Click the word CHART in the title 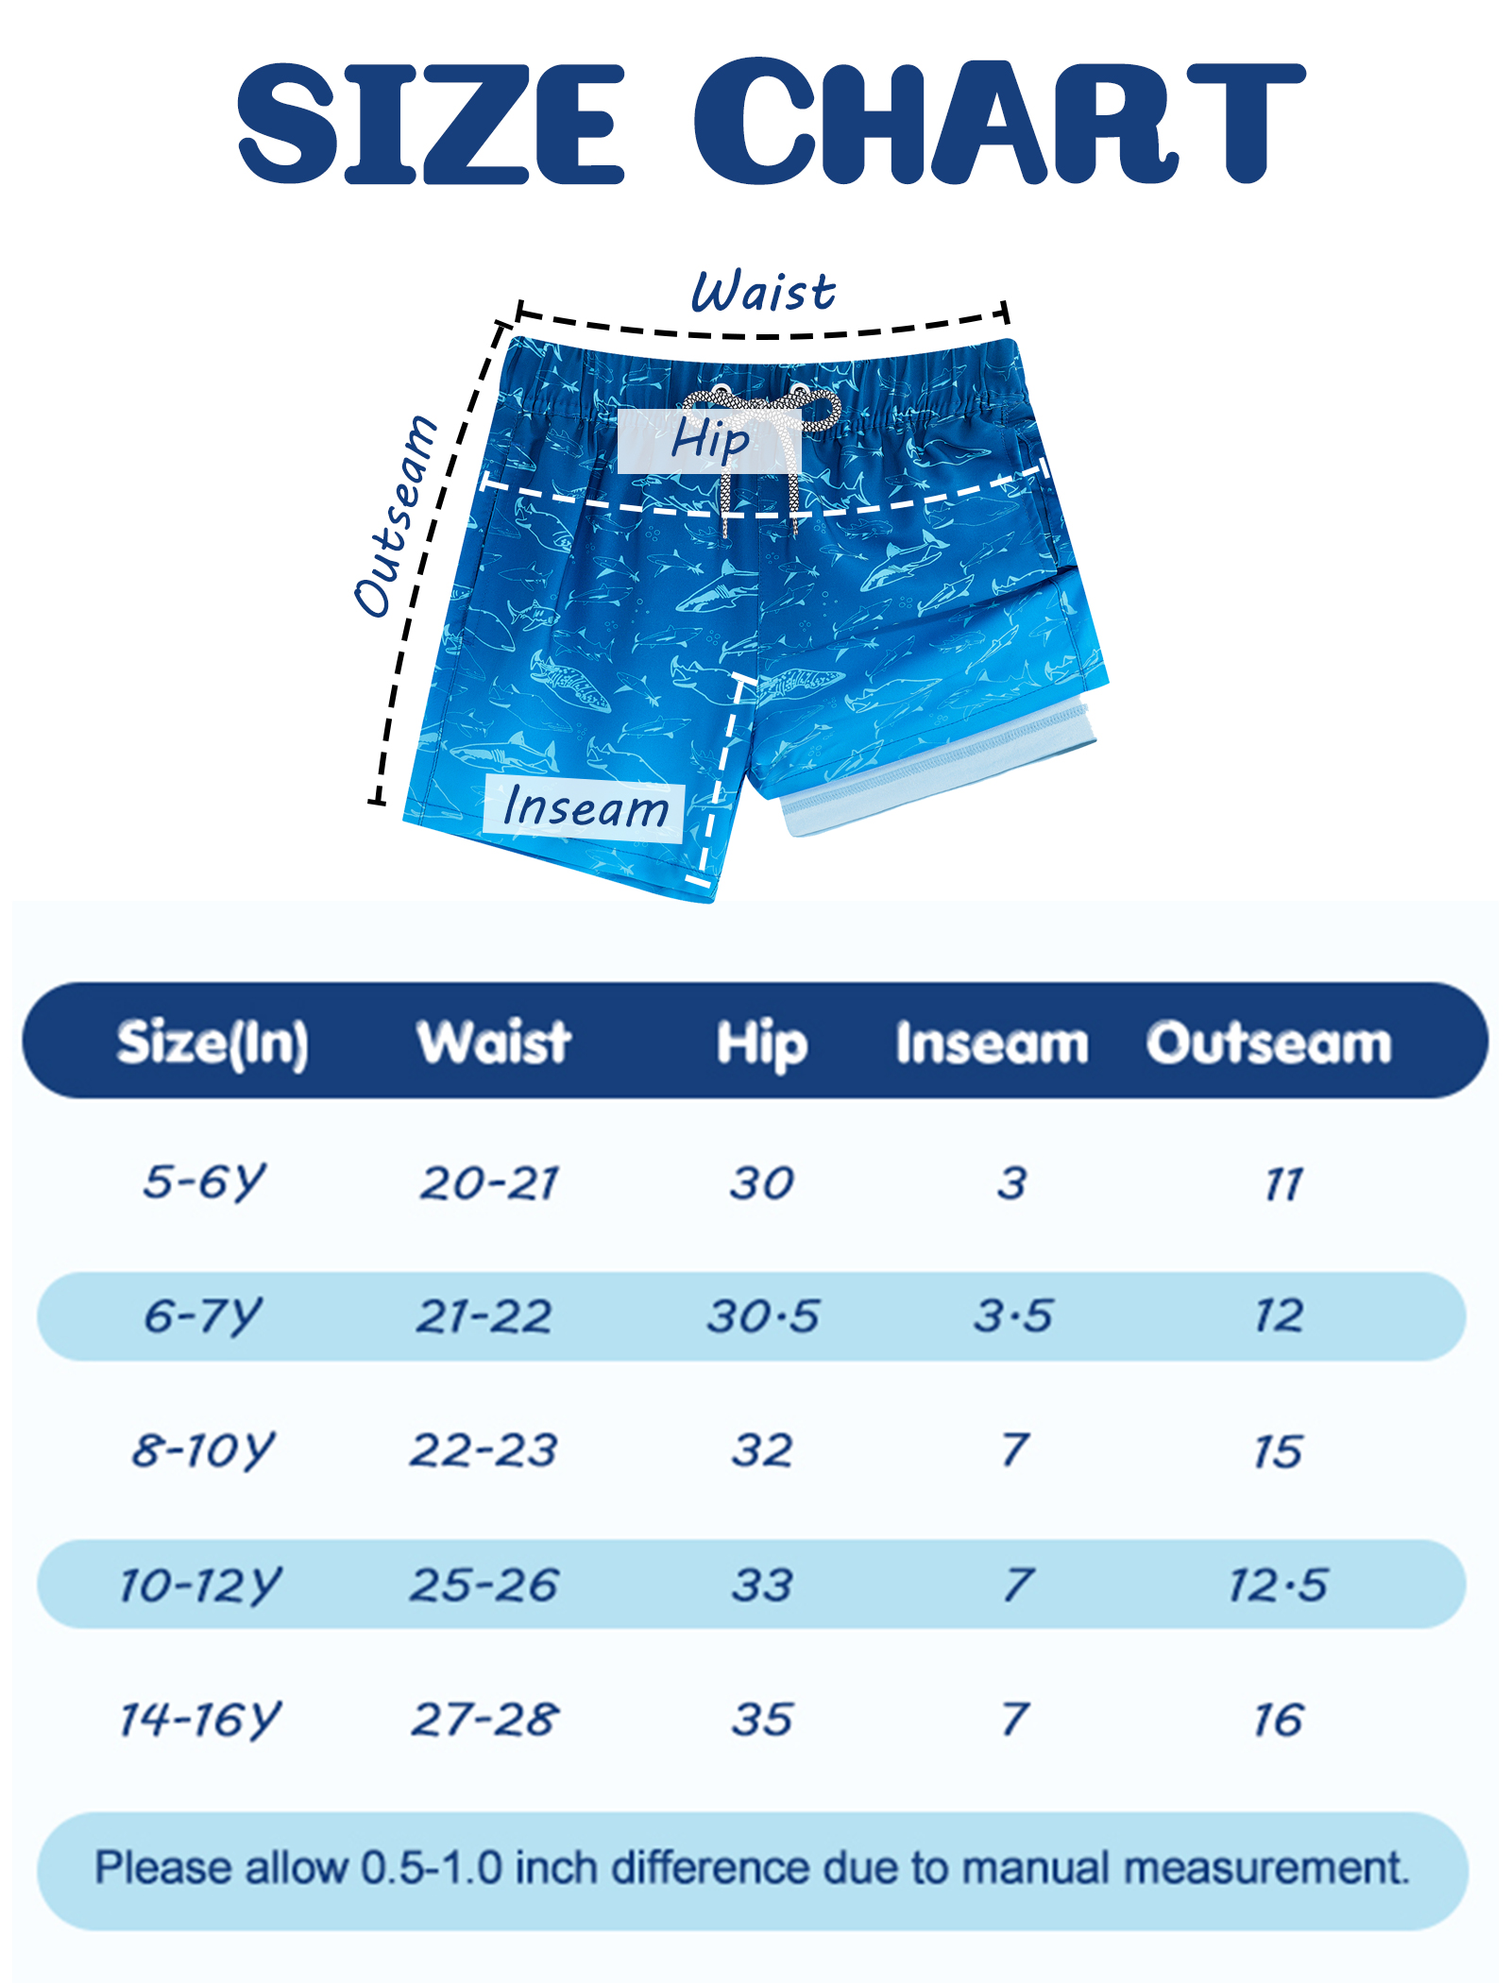999,122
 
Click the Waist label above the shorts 763,291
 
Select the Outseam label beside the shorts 396,516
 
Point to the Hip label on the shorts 710,440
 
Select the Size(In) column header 212,1043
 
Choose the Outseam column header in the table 1269,1042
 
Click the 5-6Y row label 205,1181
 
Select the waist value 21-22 484,1315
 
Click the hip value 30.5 763,1315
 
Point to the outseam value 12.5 1278,1585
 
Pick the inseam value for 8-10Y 1015,1449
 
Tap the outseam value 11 1284,1184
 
